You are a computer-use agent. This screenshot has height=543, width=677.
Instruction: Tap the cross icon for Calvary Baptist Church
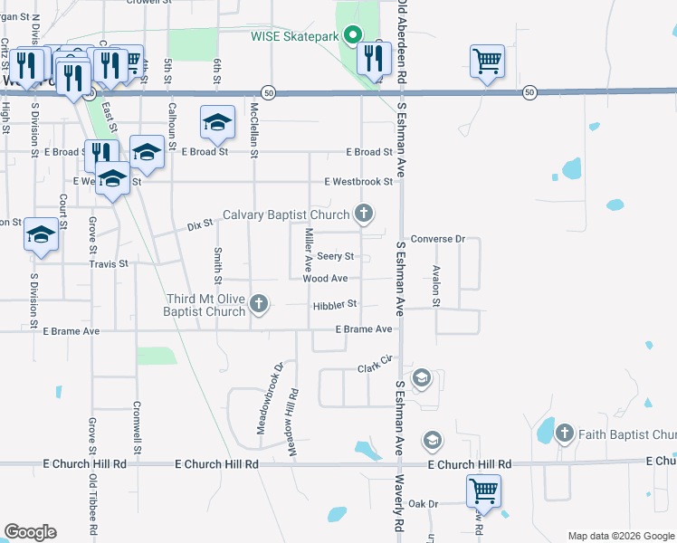tap(364, 214)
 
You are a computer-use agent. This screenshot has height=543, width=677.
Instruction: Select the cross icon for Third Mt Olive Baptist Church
tap(260, 303)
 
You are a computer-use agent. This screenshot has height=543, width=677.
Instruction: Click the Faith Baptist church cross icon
tap(564, 433)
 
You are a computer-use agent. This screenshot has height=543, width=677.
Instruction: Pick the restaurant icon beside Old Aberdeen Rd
tap(370, 59)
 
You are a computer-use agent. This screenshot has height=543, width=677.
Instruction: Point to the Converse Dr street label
tap(437, 239)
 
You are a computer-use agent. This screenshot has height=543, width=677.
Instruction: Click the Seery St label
tap(335, 257)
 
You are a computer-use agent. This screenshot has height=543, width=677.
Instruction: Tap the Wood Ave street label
tap(325, 279)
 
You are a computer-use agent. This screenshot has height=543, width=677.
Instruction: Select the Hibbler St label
tap(336, 305)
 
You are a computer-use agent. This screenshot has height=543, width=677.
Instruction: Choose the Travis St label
tap(109, 263)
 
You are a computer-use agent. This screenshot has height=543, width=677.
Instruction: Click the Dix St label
tap(199, 223)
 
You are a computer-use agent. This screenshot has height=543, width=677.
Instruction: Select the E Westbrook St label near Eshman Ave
tap(359, 181)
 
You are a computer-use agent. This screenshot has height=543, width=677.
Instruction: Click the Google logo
tap(30, 532)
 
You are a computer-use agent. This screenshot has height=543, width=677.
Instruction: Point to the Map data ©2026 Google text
tap(620, 536)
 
